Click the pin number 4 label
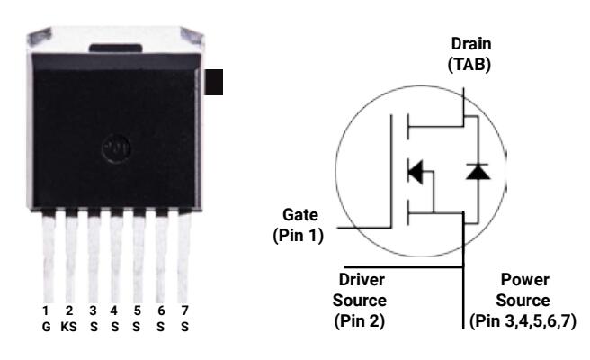(115, 310)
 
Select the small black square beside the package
(213, 82)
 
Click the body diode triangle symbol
(478, 170)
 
